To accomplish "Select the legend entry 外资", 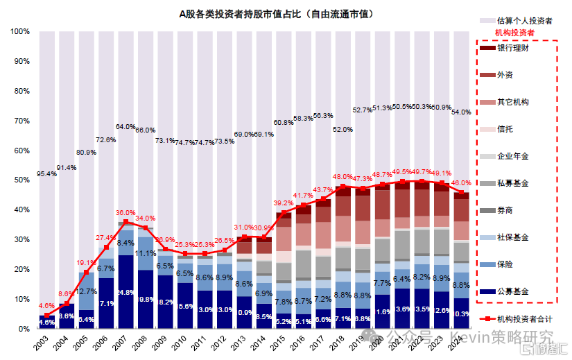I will click(x=505, y=75).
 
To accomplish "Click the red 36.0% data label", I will click(x=125, y=213).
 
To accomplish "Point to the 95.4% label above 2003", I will click(x=46, y=174).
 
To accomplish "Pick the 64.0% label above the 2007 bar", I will click(x=125, y=127).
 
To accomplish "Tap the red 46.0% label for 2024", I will click(x=462, y=182).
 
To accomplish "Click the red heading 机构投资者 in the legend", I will click(x=514, y=33).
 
